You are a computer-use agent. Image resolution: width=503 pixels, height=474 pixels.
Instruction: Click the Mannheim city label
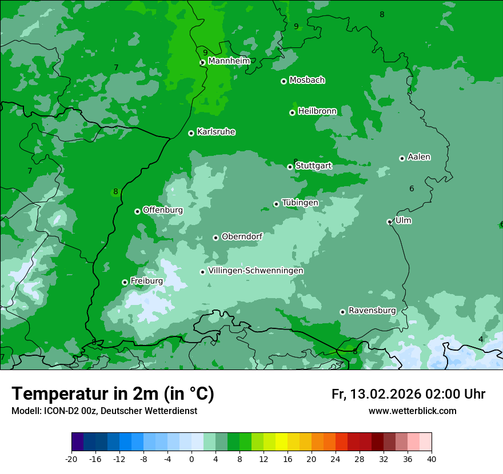pyautogui.click(x=229, y=61)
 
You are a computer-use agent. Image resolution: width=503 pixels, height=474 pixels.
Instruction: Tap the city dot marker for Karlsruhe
pyautogui.click(x=191, y=133)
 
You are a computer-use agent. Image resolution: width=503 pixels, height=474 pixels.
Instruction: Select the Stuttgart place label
pyautogui.click(x=313, y=166)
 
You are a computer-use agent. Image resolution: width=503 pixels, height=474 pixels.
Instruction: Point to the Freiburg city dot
pyautogui.click(x=125, y=282)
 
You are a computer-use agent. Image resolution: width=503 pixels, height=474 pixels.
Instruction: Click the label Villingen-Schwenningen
pyautogui.click(x=256, y=271)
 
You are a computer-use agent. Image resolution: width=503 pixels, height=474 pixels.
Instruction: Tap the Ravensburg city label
pyautogui.click(x=372, y=311)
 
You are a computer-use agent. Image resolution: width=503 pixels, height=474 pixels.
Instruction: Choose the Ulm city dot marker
pyautogui.click(x=389, y=222)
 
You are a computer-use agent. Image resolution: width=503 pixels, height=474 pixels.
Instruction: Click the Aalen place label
pyautogui.click(x=419, y=157)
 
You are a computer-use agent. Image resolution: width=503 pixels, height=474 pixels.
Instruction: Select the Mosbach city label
pyautogui.click(x=307, y=81)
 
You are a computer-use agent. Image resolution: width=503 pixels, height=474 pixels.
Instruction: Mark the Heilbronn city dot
pyautogui.click(x=292, y=113)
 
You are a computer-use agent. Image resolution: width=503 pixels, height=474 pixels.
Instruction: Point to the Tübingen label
pyautogui.click(x=300, y=203)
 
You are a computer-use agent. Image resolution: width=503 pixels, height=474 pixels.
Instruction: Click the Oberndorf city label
pyautogui.click(x=242, y=236)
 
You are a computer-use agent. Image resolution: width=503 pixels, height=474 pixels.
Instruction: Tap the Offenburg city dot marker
pyautogui.click(x=137, y=211)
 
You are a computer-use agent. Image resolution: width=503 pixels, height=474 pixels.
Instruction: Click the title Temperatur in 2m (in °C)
pyautogui.click(x=113, y=394)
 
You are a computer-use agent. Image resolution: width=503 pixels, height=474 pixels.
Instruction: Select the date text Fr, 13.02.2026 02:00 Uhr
pyautogui.click(x=408, y=394)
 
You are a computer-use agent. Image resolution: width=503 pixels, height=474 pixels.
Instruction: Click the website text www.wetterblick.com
pyautogui.click(x=412, y=411)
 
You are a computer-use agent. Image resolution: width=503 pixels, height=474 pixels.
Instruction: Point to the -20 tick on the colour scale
pyautogui.click(x=71, y=459)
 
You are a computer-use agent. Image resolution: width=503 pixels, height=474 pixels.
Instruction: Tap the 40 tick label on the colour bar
pyautogui.click(x=432, y=459)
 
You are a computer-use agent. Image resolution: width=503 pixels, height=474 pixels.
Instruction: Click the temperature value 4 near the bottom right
pyautogui.click(x=481, y=339)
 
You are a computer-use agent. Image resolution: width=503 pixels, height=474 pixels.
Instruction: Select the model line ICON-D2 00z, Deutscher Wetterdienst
pyautogui.click(x=104, y=411)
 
